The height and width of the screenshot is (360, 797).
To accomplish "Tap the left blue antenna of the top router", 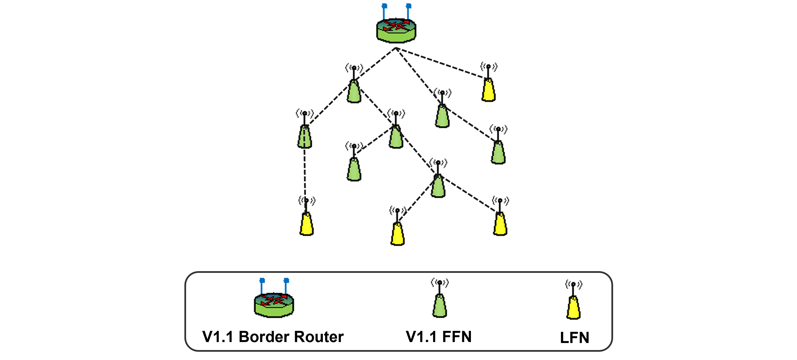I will click(384, 11).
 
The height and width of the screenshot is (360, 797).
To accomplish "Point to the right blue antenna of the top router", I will click(408, 11).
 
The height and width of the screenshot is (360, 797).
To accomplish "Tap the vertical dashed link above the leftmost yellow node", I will click(305, 173).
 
